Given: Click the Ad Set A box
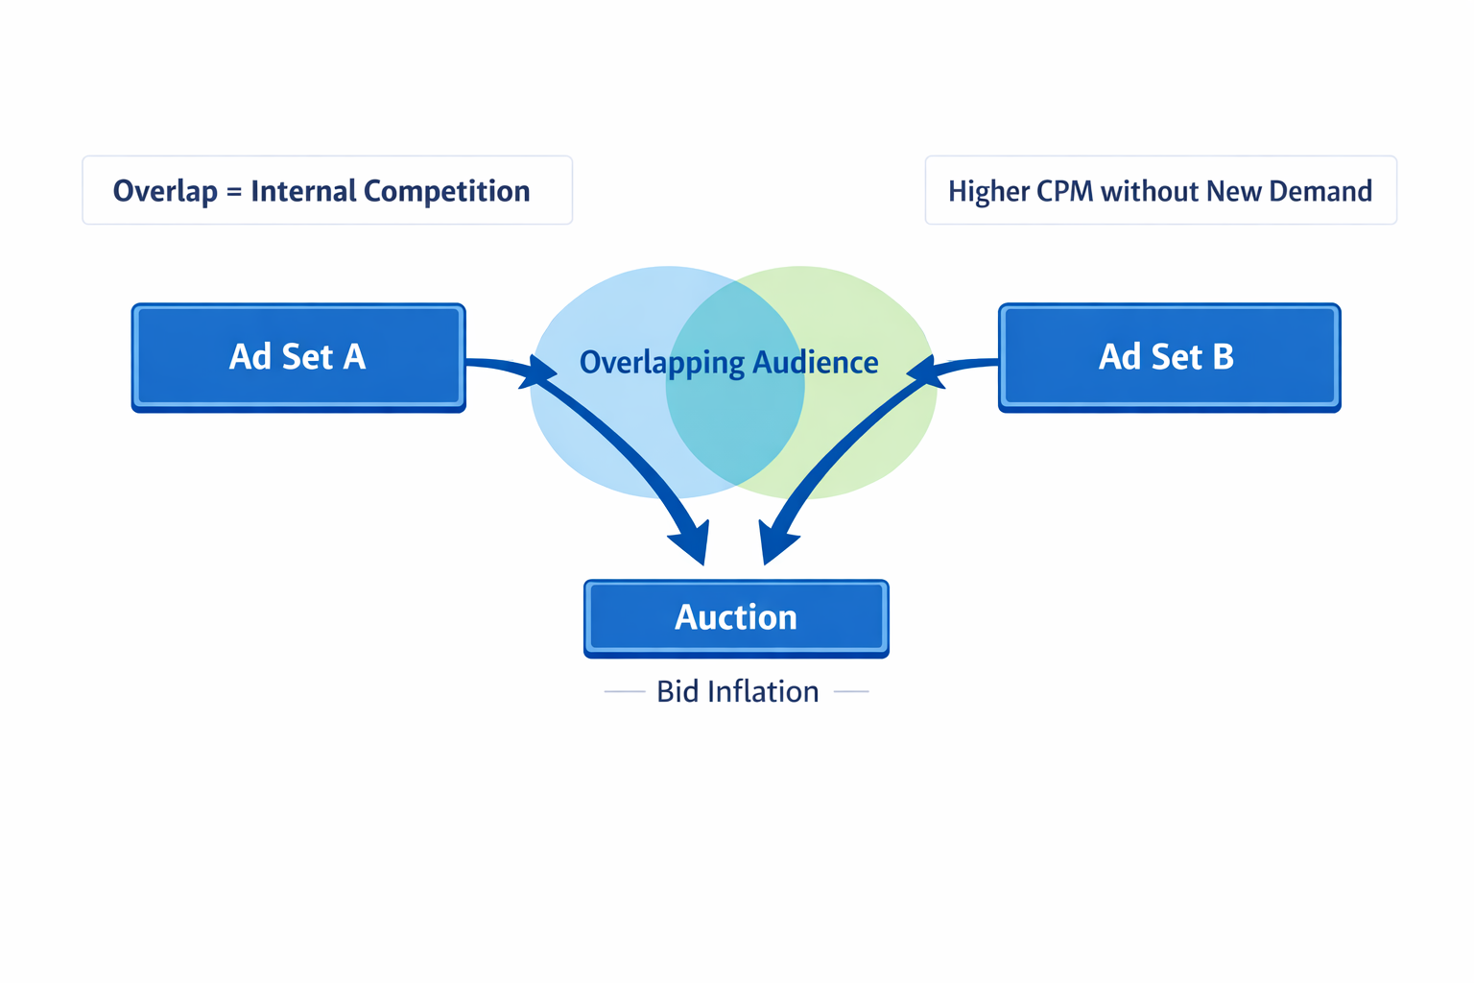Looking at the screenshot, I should click(x=298, y=357).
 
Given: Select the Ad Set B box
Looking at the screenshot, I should click(x=1169, y=357).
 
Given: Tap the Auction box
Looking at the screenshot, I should click(x=736, y=617).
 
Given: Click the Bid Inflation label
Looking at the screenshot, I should click(x=737, y=691).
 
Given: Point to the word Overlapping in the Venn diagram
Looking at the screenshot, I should click(x=662, y=363).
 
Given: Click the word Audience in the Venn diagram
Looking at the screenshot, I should click(x=815, y=363).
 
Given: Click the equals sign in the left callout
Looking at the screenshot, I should click(x=234, y=192).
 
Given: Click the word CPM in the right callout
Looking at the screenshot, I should click(x=1065, y=191).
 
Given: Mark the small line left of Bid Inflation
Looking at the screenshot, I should click(x=625, y=691).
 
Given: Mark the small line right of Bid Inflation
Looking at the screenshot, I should click(x=851, y=691).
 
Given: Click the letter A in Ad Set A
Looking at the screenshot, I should click(x=354, y=357).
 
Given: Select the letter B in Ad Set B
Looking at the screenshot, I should click(x=1223, y=357).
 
